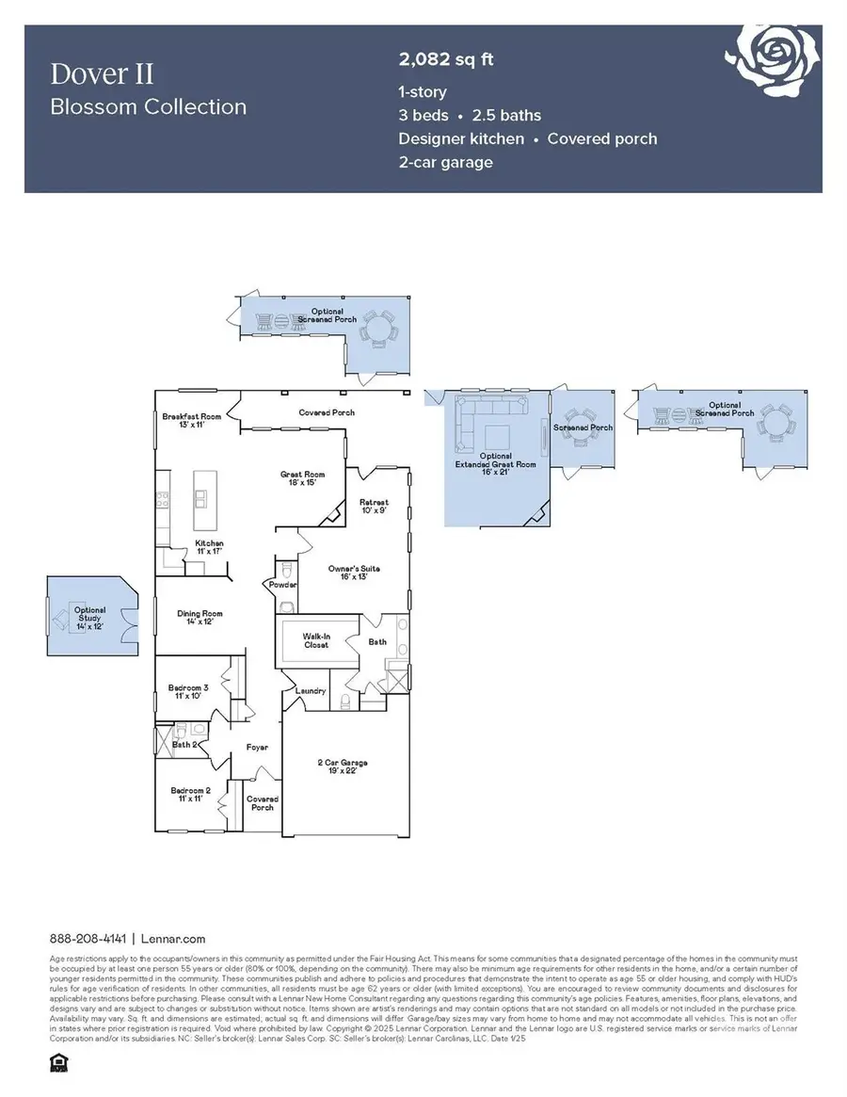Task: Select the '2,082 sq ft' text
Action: [446, 60]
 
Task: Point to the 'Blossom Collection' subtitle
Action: [148, 106]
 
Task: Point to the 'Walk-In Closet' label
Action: [314, 641]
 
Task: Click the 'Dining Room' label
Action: [200, 618]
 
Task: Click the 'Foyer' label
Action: [257, 747]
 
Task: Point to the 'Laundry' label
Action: [311, 691]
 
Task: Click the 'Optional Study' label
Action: [90, 616]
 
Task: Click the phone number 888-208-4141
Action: [89, 939]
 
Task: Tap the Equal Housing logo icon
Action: [55, 1063]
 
